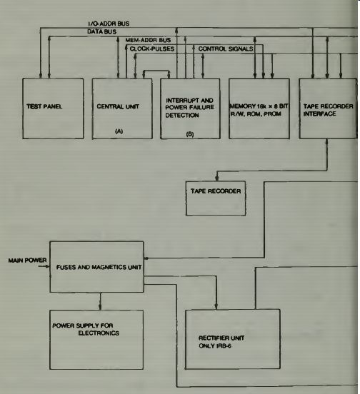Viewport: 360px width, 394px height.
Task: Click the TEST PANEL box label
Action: [x=44, y=106]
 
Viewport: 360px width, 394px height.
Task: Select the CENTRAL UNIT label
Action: [x=118, y=106]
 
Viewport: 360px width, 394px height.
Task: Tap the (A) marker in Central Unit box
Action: [x=119, y=131]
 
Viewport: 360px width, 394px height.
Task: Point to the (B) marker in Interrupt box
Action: [x=190, y=134]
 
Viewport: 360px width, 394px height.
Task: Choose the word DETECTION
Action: [x=182, y=116]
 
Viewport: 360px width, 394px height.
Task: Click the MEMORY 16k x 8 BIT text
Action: [x=259, y=106]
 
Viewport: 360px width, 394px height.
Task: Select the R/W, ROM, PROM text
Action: [x=256, y=113]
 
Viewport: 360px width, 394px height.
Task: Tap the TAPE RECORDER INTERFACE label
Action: [x=328, y=110]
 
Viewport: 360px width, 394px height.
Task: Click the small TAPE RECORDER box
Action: [x=216, y=198]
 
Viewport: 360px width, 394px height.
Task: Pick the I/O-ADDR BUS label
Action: [x=109, y=24]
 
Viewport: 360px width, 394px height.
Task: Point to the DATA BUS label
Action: [x=102, y=31]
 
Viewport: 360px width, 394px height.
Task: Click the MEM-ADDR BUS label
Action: [x=148, y=40]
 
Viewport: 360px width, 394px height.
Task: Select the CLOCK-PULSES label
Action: [x=152, y=49]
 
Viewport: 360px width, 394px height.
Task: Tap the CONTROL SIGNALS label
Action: [x=226, y=49]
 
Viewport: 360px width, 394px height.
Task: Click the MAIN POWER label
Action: [x=27, y=261]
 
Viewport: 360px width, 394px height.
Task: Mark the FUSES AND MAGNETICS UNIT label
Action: [x=99, y=267]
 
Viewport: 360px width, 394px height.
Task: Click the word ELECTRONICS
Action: [x=99, y=333]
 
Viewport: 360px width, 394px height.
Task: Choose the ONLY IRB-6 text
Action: [x=215, y=346]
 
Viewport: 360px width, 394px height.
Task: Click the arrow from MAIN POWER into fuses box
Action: [x=44, y=266]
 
